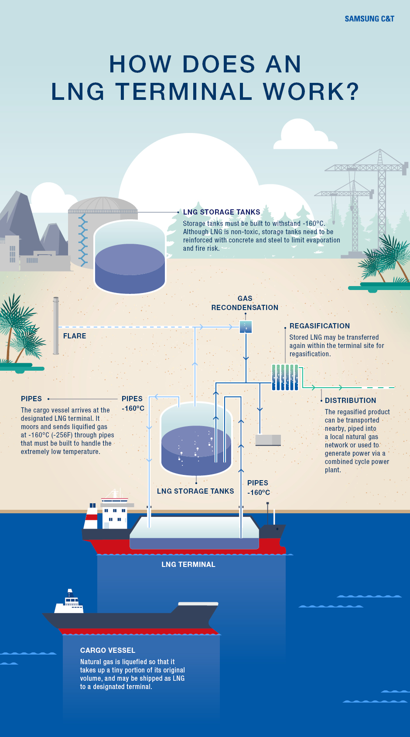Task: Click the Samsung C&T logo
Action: coord(369,19)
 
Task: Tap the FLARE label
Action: coord(75,336)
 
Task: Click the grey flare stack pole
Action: coord(56,326)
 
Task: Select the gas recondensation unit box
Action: coord(246,327)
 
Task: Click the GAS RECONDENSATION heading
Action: coord(245,303)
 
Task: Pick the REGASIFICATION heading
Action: coord(320,326)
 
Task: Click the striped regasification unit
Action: coord(285,377)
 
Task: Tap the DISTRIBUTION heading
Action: coord(350,400)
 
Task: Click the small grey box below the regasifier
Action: coord(268,440)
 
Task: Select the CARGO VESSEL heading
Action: coord(108,651)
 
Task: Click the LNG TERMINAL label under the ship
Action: coord(188,565)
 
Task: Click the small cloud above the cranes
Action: coord(304,135)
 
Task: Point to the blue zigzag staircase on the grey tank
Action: coord(83,240)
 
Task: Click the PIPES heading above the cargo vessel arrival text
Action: coord(31,399)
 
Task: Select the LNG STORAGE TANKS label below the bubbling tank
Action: coord(195,491)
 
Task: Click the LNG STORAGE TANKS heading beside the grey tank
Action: coord(222,212)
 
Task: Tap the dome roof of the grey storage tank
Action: coord(102,204)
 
